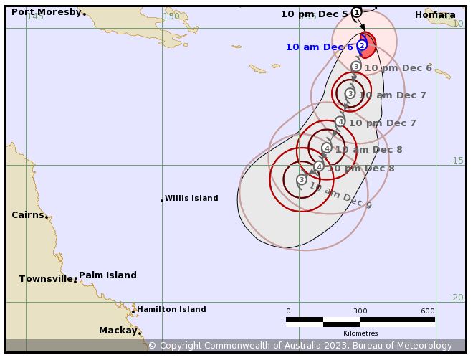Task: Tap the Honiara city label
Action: [434, 14]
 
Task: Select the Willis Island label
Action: [191, 198]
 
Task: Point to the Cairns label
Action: [28, 214]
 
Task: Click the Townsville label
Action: [46, 278]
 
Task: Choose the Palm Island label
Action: [107, 275]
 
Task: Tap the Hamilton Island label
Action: [171, 309]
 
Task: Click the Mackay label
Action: [118, 330]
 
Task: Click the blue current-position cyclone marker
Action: [362, 45]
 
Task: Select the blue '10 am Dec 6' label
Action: [319, 47]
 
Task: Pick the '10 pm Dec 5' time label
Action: [314, 14]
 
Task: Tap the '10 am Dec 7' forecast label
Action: [392, 95]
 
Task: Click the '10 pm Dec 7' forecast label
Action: [382, 123]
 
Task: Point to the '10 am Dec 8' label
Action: [368, 149]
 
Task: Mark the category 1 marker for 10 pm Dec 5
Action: [356, 12]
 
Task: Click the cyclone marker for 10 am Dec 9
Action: [302, 179]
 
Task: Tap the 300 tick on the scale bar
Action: [360, 311]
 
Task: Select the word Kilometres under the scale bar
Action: [360, 333]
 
